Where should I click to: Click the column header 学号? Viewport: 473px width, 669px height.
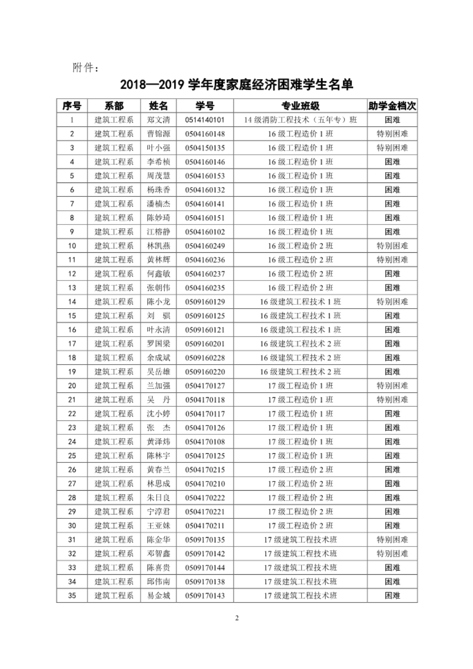205,106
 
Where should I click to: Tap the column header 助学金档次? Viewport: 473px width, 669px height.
392,106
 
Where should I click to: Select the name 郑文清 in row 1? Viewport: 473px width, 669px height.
158,120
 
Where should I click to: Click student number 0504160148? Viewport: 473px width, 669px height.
205,134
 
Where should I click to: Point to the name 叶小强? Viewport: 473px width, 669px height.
158,148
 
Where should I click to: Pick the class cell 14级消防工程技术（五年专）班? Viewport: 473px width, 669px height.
300,120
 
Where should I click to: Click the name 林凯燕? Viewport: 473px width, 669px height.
158,246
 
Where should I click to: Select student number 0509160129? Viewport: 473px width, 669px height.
205,302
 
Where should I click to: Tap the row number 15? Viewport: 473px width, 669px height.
72,316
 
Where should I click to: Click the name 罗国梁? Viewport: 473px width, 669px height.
158,344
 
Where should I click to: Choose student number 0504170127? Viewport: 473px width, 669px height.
205,386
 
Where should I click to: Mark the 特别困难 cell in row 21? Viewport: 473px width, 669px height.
392,400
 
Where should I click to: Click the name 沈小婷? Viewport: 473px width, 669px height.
158,414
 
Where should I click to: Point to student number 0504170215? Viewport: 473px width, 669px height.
205,470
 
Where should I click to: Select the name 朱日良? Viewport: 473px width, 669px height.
158,498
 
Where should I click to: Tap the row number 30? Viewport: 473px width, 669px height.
72,526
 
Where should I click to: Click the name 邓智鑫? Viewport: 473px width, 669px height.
158,553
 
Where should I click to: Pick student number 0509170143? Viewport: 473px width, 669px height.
205,596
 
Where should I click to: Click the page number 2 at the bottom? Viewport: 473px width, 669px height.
237,619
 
